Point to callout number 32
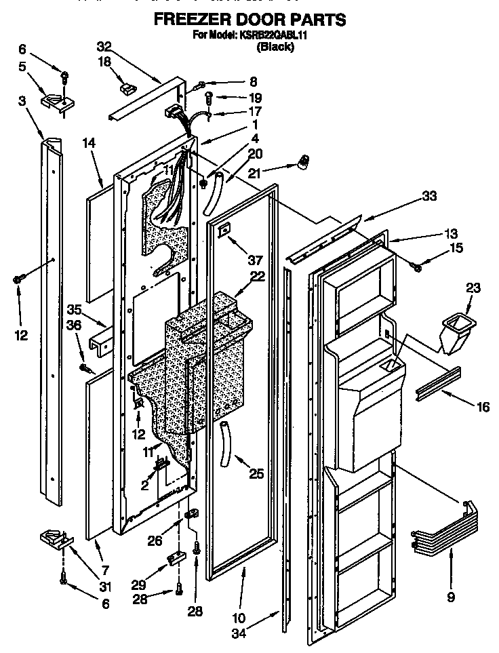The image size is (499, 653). [x=104, y=46]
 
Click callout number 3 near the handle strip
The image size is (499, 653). [x=22, y=100]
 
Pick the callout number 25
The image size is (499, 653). [x=256, y=474]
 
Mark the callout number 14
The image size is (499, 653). [x=90, y=143]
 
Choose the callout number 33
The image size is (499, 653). [x=428, y=197]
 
